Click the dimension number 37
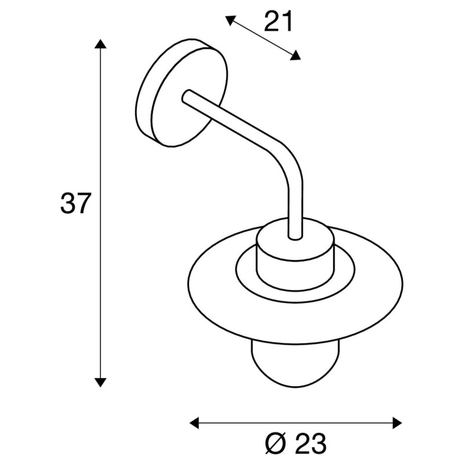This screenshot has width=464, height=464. coord(76,204)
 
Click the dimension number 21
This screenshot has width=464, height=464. coord(278,23)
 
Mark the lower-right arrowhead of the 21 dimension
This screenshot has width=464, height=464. coord(296,56)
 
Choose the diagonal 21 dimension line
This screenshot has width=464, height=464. coord(263,38)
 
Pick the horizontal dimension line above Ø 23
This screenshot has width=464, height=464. coord(296,422)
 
